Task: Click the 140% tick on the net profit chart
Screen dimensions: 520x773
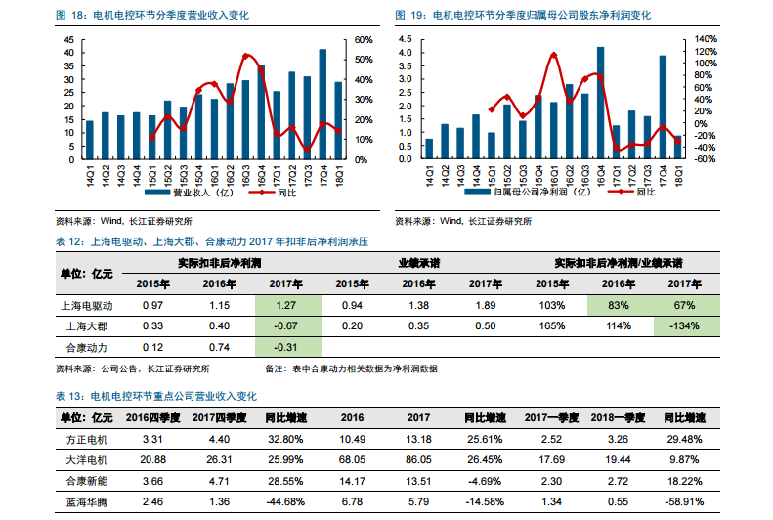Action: coord(706,40)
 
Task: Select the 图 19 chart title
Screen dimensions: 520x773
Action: coord(523,16)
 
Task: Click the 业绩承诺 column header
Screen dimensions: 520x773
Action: coord(417,263)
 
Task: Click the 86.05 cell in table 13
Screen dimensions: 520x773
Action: coord(417,457)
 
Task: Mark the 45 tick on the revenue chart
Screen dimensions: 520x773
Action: coord(69,40)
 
